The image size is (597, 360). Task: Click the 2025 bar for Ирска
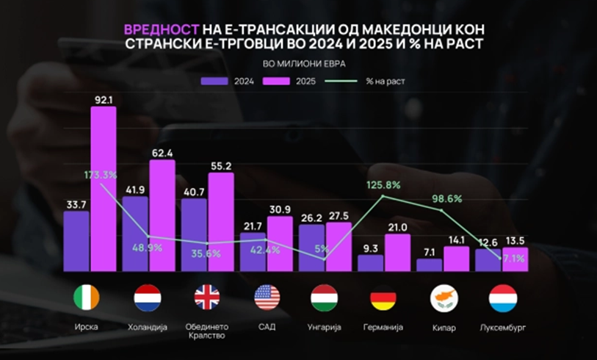coord(104,187)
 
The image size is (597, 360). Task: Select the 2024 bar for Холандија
coord(135,233)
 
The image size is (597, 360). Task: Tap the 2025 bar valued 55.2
coord(221,221)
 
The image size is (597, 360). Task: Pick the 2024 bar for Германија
coord(370,262)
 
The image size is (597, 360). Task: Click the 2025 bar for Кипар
coord(456,258)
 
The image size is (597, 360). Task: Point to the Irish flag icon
coord(87,298)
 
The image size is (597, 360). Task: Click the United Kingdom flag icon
coord(207,298)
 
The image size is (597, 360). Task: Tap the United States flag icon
coord(267,298)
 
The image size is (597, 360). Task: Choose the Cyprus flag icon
coord(443,298)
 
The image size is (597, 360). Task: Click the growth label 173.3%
coord(100,175)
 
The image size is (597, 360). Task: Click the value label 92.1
coord(104,98)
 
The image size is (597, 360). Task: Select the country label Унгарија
coord(325,326)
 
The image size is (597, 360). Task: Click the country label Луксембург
coord(502,326)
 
